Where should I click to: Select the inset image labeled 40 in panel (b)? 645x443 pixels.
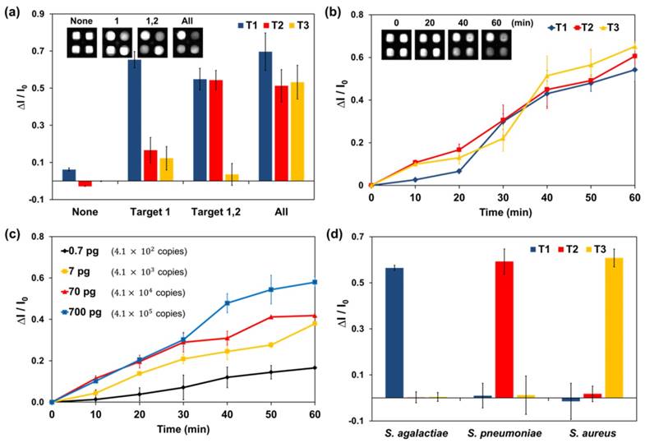pyautogui.click(x=463, y=43)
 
